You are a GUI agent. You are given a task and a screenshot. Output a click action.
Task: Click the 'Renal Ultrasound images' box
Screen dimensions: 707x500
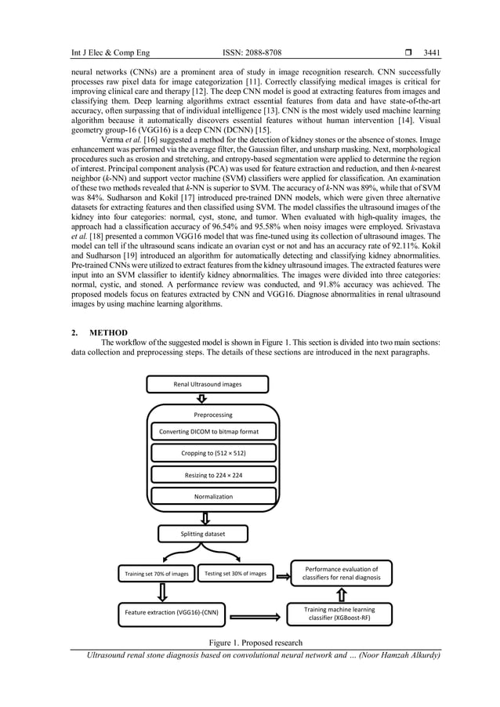pos(208,384)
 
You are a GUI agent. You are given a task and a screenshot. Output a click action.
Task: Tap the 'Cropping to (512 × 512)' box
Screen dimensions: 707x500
pos(214,453)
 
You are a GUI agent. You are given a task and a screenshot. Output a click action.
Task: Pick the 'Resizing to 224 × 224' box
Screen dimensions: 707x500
pos(214,475)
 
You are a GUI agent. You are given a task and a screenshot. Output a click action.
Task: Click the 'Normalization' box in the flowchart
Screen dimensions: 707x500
pos(214,496)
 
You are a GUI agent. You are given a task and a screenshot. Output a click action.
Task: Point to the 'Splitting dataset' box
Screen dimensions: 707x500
pos(202,534)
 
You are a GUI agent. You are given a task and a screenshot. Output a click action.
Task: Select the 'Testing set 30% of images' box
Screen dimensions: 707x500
pos(235,573)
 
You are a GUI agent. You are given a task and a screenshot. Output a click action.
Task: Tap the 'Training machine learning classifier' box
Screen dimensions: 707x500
pos(339,613)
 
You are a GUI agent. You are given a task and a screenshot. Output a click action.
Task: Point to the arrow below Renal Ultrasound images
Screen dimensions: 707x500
pos(201,398)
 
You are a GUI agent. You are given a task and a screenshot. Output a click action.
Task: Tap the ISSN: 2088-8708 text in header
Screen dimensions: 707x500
pos(248,53)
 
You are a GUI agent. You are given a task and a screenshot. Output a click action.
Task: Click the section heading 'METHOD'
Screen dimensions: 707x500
pos(105,332)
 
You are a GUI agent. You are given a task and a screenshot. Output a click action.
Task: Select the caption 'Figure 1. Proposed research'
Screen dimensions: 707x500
pos(255,643)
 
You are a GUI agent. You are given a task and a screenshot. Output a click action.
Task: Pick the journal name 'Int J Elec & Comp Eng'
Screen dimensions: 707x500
pos(111,53)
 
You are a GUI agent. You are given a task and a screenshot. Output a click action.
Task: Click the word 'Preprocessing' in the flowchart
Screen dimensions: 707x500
pos(213,415)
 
